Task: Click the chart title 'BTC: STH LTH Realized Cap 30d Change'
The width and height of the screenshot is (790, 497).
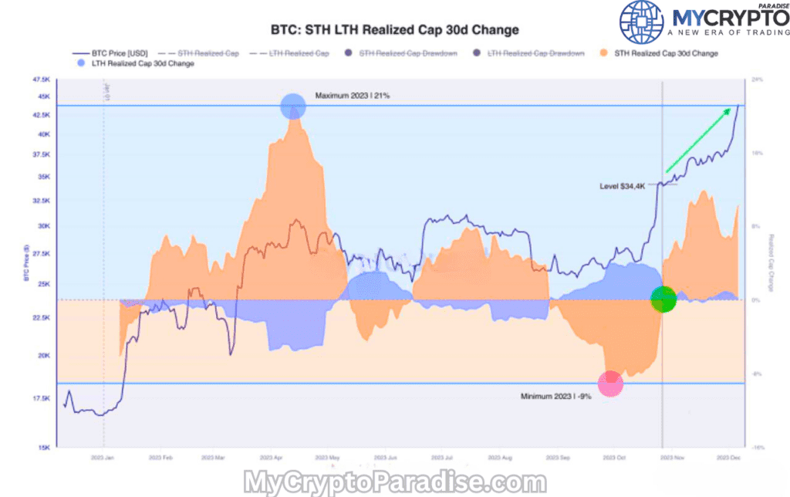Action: tap(394, 30)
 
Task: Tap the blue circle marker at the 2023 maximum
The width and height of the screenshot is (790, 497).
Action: tap(292, 106)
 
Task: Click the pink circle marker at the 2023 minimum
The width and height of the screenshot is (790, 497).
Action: tap(610, 383)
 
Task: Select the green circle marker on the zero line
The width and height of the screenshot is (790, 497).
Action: tap(663, 299)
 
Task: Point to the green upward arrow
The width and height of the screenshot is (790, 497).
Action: tap(698, 140)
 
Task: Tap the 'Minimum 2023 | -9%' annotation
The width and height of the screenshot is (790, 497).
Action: tap(556, 397)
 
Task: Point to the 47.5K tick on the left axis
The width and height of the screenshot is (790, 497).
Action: tap(42, 79)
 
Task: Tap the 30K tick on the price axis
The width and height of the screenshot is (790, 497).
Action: tap(43, 226)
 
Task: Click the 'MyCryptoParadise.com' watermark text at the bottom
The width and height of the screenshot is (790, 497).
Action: tap(394, 482)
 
